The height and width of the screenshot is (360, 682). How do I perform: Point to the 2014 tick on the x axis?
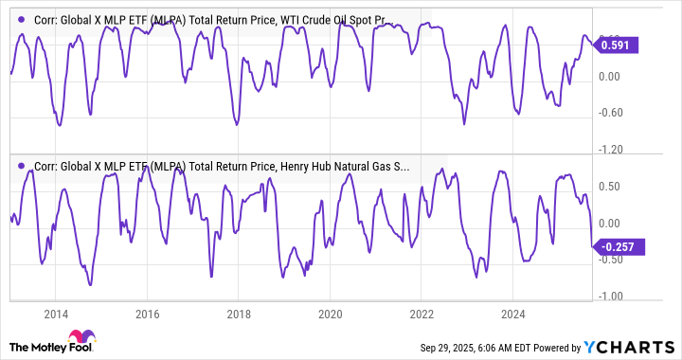56,314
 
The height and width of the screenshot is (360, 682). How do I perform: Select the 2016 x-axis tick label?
147,314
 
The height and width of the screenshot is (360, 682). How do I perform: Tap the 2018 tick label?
239,314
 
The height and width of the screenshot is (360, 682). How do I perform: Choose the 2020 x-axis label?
330,314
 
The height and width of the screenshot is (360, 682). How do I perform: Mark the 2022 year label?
422,314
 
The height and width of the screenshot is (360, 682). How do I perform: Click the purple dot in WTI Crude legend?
21,18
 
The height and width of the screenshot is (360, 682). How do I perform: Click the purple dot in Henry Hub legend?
21,165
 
